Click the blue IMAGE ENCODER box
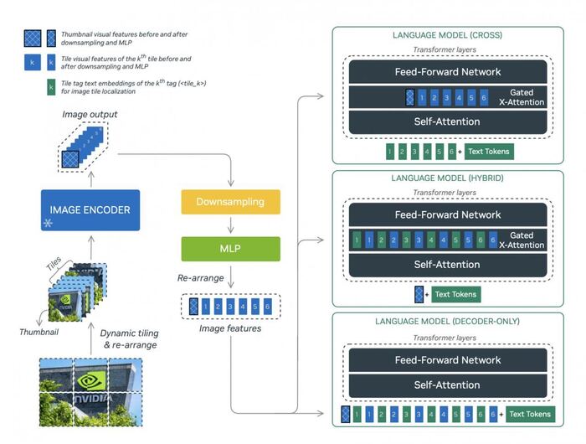[90, 210]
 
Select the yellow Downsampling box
[230, 202]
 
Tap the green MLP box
[230, 249]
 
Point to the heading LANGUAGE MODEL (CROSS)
[446, 36]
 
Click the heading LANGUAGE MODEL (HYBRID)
[446, 178]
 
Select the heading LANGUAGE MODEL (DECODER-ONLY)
[446, 321]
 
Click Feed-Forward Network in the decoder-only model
[448, 360]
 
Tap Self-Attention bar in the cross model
[448, 121]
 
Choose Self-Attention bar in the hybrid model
[448, 264]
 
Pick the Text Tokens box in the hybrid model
[455, 294]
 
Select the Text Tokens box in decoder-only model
[529, 414]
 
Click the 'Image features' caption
[230, 328]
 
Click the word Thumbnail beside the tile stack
[38, 332]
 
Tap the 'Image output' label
[90, 113]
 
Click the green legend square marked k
[52, 89]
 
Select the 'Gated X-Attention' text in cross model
[527, 96]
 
